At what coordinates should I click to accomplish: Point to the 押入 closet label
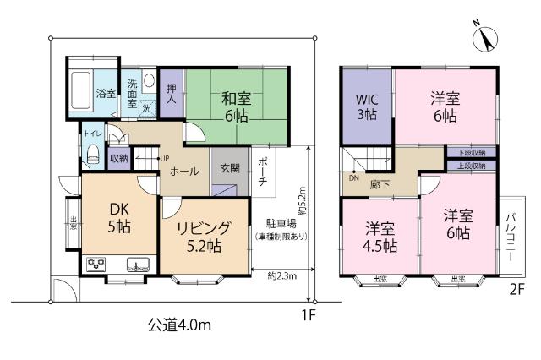pos(172,93)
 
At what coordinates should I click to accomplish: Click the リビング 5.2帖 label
pos(203,237)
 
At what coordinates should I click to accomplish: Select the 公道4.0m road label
pos(179,325)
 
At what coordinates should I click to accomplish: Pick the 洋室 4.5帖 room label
pos(380,237)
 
